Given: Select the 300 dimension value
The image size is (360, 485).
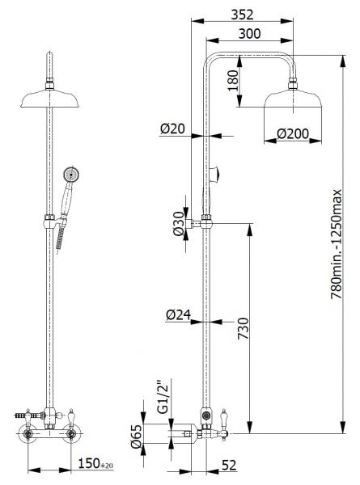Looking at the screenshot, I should coord(248,34).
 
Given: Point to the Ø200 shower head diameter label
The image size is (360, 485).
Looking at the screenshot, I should coord(292,133).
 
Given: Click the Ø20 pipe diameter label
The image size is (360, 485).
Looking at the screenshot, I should coord(172,129).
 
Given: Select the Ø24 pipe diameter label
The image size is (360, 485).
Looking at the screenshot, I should coord(180,316).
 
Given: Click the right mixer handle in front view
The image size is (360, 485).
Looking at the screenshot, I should coord(75,415).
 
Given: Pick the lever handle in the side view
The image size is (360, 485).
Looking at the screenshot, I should coord(219,421).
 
